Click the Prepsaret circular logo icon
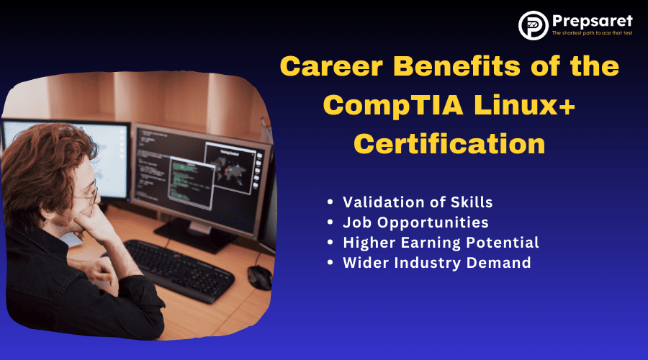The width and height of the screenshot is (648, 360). tap(533, 25)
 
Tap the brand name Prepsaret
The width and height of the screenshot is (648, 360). tap(593, 21)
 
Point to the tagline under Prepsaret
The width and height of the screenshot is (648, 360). tap(593, 33)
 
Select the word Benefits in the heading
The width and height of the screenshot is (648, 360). tap(456, 66)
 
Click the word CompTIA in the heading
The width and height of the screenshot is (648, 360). tap(393, 105)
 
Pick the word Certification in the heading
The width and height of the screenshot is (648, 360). tap(449, 144)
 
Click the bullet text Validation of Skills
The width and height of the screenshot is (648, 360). tap(418, 202)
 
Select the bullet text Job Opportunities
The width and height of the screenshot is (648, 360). tap(415, 222)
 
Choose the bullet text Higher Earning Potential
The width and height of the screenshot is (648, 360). tap(441, 243)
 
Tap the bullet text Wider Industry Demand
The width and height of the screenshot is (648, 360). tap(437, 263)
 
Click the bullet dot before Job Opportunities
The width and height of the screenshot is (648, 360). tap(330, 222)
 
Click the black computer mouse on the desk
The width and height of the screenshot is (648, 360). tap(260, 276)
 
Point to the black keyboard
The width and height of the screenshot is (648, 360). tap(179, 269)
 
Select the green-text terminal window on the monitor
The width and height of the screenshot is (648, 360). tap(192, 183)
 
